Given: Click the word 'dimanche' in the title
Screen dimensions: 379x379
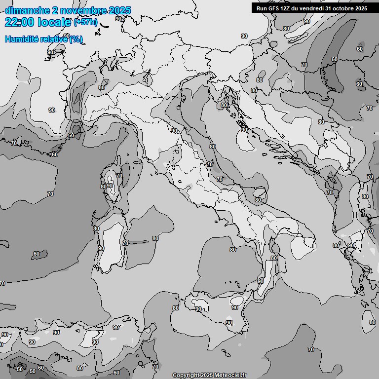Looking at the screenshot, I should tap(27, 10).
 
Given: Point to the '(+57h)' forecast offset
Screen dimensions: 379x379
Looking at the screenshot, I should tap(85, 22).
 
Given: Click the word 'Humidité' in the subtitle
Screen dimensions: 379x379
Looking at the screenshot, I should tap(23, 39).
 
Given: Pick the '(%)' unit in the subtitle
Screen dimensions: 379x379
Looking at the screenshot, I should tap(76, 39).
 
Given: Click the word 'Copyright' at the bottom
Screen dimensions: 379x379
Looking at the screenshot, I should tap(185, 376).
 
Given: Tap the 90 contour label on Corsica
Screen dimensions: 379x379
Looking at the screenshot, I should tap(110, 186).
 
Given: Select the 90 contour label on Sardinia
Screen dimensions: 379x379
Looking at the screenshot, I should tap(101, 248).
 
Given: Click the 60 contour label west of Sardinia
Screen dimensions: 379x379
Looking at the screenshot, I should tap(37, 254).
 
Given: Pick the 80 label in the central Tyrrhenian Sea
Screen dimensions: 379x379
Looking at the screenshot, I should tap(233, 250).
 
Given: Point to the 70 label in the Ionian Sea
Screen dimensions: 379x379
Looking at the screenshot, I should tap(311, 349).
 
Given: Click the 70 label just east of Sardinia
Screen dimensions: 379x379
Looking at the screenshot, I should tap(125, 243).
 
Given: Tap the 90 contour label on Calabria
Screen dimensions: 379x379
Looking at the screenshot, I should tap(260, 281).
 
